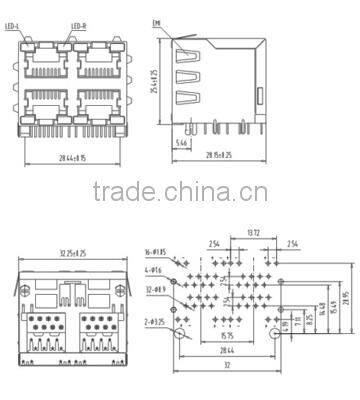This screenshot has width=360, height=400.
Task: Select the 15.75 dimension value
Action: [x=228, y=336]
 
